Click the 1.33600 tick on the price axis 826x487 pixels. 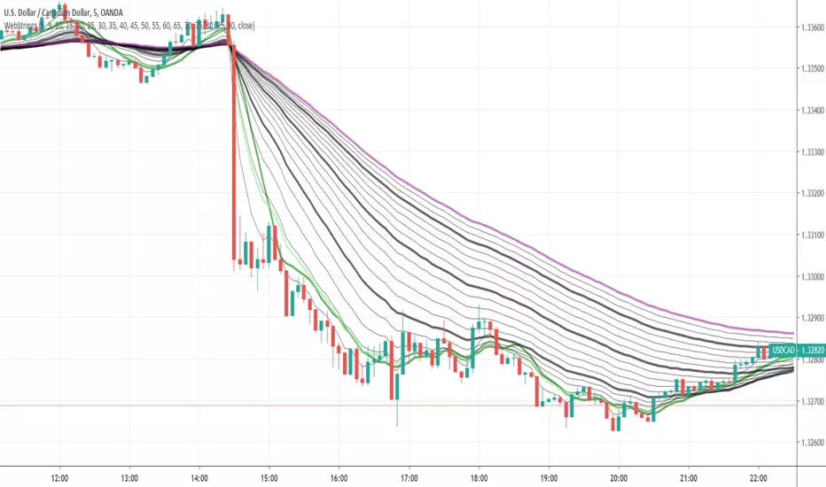(811, 27)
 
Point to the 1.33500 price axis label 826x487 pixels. (811, 69)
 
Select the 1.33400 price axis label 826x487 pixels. (811, 111)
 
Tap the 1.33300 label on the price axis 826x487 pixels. (811, 152)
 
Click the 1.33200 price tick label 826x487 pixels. (811, 194)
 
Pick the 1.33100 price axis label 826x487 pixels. (811, 236)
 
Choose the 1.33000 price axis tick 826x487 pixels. (811, 277)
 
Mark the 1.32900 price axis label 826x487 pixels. (811, 319)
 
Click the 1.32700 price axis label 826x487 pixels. (811, 402)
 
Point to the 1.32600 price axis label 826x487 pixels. (811, 444)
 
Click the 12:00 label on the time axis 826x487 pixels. (59, 475)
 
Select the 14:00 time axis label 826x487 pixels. (199, 475)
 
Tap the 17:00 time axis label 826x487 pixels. (409, 475)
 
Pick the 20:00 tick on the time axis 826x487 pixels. (619, 475)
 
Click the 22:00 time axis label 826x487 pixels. (758, 475)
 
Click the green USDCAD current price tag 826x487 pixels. (783, 351)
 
